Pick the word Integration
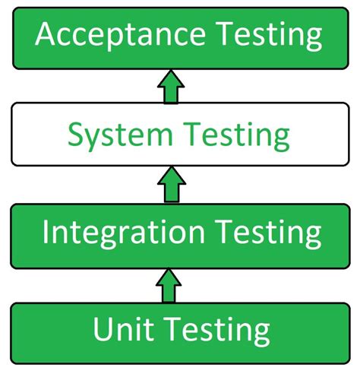point(124,232)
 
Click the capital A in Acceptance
point(47,36)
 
